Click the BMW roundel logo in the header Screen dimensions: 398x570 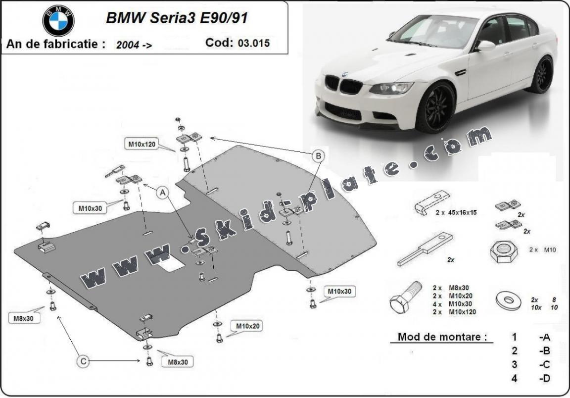pyautogui.click(x=58, y=21)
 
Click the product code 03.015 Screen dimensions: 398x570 pyautogui.click(x=253, y=43)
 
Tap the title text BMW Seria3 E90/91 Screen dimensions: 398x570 pyautogui.click(x=177, y=18)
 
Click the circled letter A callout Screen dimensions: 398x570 pyautogui.click(x=162, y=194)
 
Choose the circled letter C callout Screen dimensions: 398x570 pyautogui.click(x=84, y=362)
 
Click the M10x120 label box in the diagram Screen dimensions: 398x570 pyautogui.click(x=142, y=145)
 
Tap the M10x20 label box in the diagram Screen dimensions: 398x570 pyautogui.click(x=248, y=326)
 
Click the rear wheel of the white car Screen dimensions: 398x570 pyautogui.click(x=543, y=74)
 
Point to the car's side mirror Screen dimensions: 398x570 pyautogui.click(x=485, y=46)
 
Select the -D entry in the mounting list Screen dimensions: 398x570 pyautogui.click(x=545, y=379)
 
